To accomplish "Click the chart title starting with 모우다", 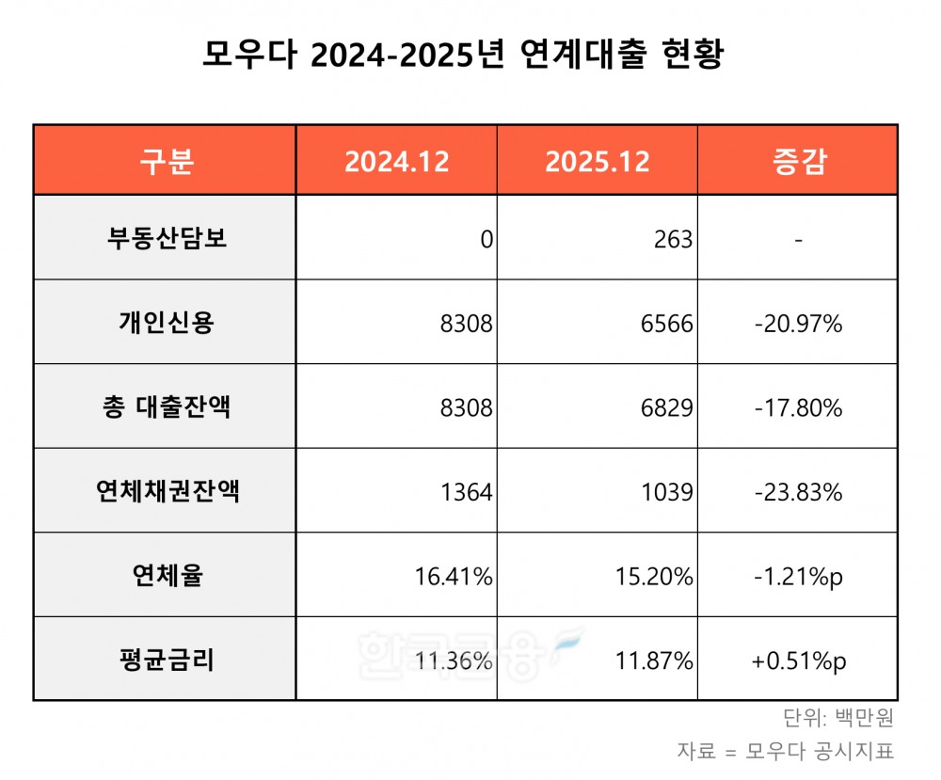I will [x=463, y=55].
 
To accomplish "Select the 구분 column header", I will [x=167, y=161].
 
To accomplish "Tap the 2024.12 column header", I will [x=396, y=161].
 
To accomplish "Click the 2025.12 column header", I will [x=597, y=161].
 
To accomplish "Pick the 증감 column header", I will [x=797, y=161].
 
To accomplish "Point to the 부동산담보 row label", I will [x=167, y=239].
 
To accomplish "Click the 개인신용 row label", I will [x=167, y=324].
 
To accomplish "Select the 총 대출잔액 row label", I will [x=167, y=407].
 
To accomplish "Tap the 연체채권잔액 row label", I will [x=167, y=491].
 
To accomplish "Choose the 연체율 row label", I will [x=167, y=576].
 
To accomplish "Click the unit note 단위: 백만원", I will [x=837, y=719].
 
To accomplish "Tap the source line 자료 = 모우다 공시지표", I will [x=784, y=752].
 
